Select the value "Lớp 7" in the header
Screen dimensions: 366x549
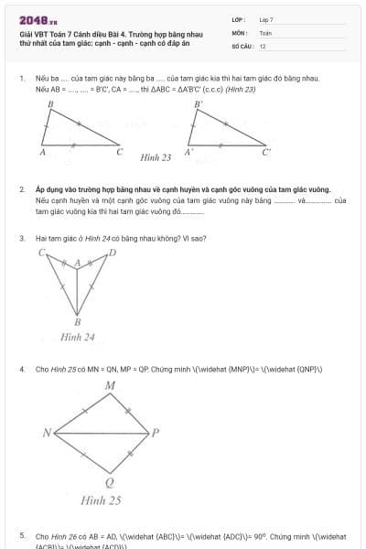point(266,19)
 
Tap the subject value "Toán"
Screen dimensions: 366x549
point(265,32)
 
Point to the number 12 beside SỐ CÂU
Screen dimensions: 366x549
point(263,45)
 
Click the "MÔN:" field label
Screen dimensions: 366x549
point(240,32)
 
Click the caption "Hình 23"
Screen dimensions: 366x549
point(156,157)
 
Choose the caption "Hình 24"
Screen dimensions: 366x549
point(78,337)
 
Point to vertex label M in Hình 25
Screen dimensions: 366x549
point(110,386)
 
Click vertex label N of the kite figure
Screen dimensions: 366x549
point(47,432)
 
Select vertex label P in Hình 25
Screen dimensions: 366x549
point(156,432)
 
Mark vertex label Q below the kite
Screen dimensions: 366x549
point(110,482)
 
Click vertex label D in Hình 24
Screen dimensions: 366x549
point(113,252)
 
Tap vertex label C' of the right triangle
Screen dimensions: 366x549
point(267,154)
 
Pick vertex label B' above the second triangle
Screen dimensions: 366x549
point(198,105)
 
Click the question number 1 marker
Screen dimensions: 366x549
point(21,80)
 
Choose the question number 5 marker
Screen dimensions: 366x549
point(21,535)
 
